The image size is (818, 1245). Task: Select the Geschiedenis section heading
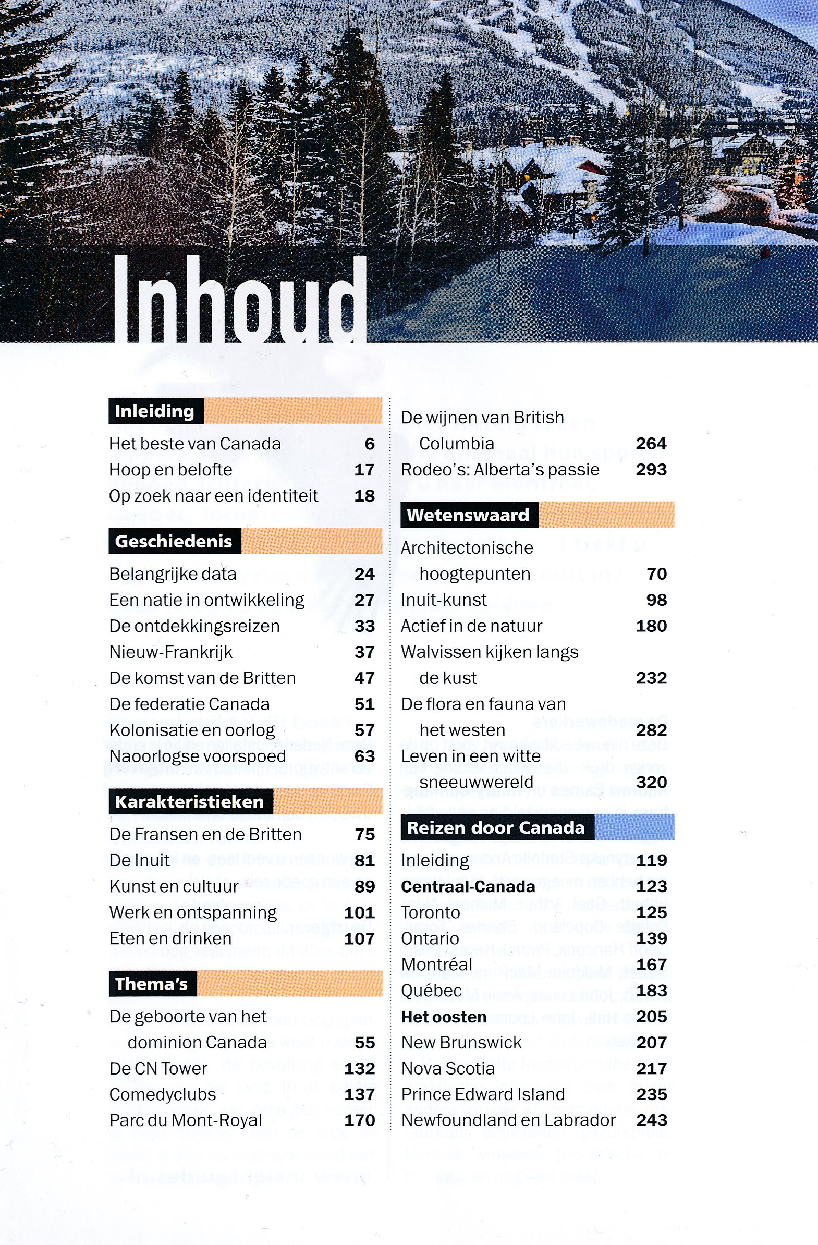(174, 541)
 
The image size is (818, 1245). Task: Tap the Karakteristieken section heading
(189, 802)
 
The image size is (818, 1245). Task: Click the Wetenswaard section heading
(468, 515)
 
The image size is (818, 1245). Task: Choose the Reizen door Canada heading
(496, 828)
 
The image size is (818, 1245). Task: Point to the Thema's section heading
(152, 984)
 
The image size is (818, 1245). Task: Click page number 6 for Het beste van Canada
(370, 444)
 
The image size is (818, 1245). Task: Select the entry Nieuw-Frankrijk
(171, 652)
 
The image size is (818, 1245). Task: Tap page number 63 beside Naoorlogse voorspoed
(364, 756)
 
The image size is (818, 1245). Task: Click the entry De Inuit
(140, 861)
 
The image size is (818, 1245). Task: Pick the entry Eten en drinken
(170, 938)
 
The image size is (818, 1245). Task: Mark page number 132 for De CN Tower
(359, 1069)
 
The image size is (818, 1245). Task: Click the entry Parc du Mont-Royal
(186, 1120)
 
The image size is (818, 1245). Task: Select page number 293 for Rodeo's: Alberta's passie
(651, 470)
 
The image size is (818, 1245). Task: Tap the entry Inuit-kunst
(444, 600)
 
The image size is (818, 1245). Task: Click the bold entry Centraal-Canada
(468, 887)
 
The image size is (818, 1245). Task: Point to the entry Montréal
(437, 965)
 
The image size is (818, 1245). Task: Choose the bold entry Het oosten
(444, 1017)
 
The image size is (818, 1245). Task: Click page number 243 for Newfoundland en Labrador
(652, 1120)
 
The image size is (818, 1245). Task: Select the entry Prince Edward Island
(483, 1094)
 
